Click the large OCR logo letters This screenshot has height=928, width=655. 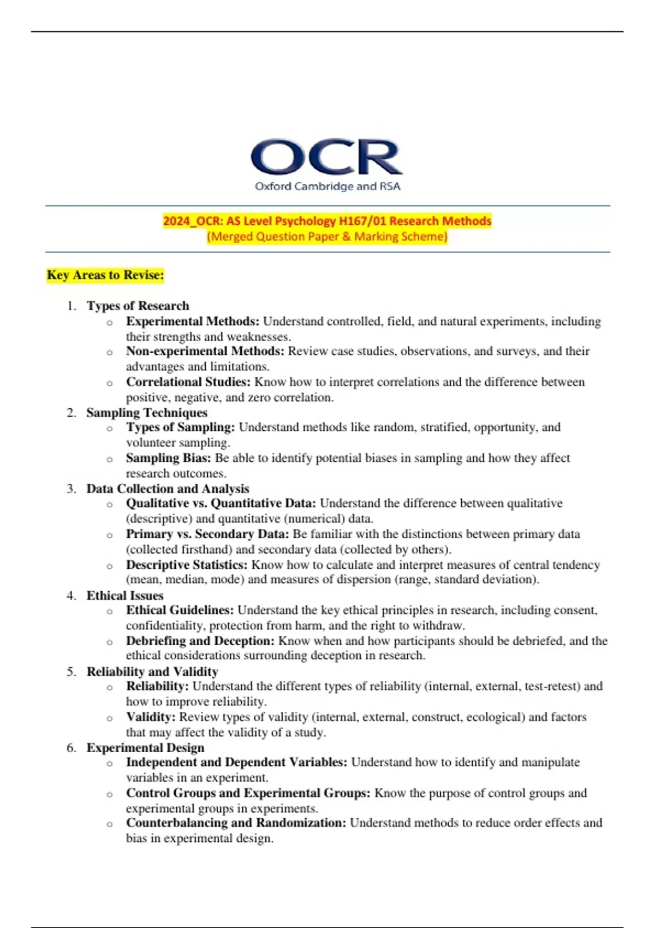[x=326, y=157]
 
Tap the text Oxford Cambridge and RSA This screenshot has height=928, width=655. [x=327, y=186]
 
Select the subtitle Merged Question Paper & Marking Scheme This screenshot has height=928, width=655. [x=327, y=236]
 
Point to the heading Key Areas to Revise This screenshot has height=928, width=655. [x=105, y=275]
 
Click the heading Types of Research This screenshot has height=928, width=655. [x=138, y=306]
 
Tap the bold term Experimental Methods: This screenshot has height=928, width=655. [x=193, y=321]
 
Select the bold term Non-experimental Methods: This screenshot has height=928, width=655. [x=205, y=351]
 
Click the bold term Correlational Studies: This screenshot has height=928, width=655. [x=188, y=382]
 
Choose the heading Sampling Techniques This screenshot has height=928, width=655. [x=147, y=413]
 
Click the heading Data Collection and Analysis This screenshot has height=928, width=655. [x=168, y=489]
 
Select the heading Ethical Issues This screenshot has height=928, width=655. [x=125, y=596]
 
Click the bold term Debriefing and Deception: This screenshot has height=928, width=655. [x=200, y=641]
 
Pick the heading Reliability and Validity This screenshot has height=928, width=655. [x=152, y=671]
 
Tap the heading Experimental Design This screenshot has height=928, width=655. [x=145, y=747]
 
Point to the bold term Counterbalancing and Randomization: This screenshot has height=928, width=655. [x=236, y=823]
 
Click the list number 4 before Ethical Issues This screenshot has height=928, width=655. [x=71, y=596]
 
